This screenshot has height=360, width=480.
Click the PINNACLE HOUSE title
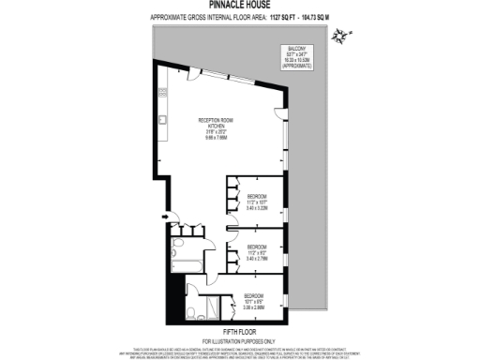pos(240,6)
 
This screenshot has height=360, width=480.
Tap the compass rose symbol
pos(348,37)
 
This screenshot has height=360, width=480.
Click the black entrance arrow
pos(166,220)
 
